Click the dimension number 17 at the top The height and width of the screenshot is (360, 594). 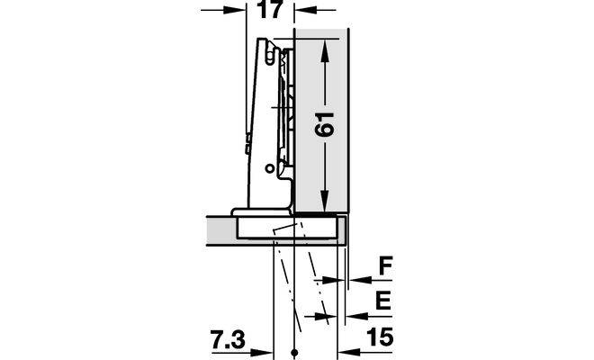269,9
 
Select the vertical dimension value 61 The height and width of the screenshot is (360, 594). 325,124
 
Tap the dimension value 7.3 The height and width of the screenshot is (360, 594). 228,339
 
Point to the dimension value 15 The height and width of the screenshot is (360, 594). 380,337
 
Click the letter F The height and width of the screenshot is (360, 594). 385,266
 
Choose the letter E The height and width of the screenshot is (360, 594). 382,301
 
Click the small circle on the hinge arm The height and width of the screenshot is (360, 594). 269,168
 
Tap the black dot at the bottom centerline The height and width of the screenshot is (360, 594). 294,352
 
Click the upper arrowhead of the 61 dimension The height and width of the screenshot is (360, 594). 324,50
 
